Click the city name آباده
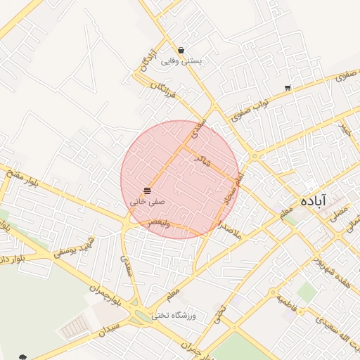[x=313, y=200]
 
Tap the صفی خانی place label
[x=147, y=201]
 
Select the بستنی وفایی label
[x=181, y=61]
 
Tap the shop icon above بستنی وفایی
[x=181, y=51]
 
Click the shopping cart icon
[x=288, y=88]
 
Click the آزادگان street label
[x=147, y=58]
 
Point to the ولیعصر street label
[x=163, y=223]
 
